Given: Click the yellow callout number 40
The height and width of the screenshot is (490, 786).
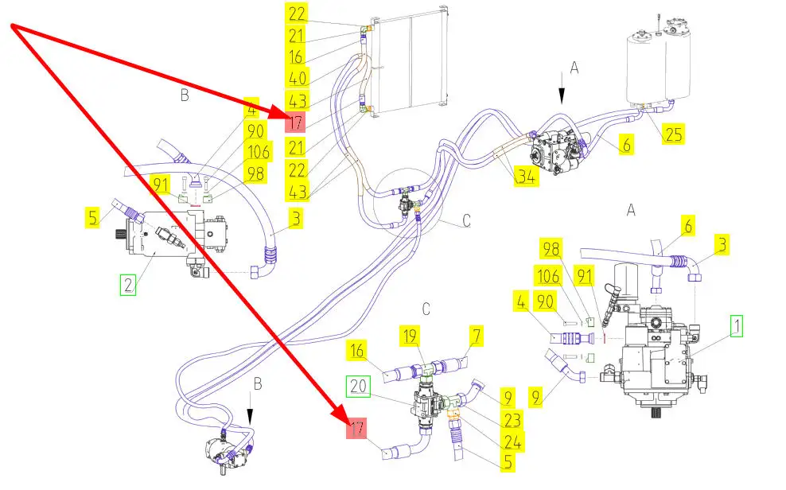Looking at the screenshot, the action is (x=297, y=78).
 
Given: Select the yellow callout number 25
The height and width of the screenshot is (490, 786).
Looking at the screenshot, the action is (x=673, y=134).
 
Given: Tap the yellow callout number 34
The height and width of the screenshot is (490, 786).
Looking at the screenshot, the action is (x=526, y=176).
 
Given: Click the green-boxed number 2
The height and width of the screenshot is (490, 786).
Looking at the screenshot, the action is (x=128, y=285).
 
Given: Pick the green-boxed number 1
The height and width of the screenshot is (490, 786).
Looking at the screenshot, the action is (x=737, y=325).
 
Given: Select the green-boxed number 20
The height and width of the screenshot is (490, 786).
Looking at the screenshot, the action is (x=359, y=387).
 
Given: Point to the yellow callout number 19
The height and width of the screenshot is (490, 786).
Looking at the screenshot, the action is (x=411, y=336).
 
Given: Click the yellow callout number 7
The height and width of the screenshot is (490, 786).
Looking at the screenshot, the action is (x=477, y=336).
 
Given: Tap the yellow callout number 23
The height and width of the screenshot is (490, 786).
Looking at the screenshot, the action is (x=512, y=420).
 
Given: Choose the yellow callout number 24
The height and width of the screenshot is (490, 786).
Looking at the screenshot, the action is (x=513, y=441).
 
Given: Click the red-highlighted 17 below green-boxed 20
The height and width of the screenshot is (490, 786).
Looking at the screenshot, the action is (x=356, y=429).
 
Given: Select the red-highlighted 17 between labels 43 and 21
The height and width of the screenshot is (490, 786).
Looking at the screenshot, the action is (x=295, y=122).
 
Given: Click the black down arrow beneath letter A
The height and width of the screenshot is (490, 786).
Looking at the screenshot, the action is (x=562, y=88).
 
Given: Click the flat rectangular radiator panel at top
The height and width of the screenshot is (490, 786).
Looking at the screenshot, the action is (x=409, y=61).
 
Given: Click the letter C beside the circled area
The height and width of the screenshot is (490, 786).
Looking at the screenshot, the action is (x=466, y=220).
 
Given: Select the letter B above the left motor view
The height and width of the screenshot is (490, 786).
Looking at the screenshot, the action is (x=185, y=95).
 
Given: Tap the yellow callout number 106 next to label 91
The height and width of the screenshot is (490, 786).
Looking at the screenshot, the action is (x=548, y=276).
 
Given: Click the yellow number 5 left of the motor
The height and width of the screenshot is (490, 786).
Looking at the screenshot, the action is (x=92, y=218).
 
